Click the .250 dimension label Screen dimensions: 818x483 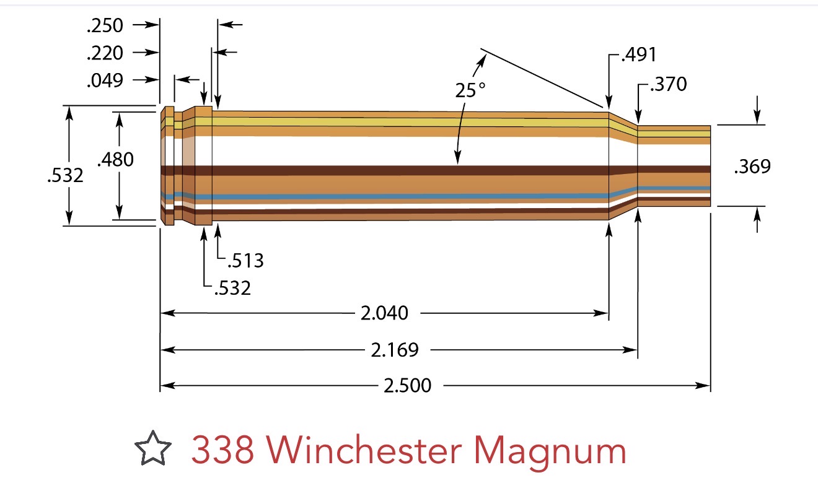tap(105, 25)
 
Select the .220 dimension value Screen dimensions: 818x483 tap(105, 53)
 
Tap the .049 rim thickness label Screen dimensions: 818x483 tap(105, 80)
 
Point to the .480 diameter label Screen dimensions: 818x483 tap(116, 160)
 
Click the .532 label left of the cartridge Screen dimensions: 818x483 tap(65, 175)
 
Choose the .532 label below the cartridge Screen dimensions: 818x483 tap(233, 288)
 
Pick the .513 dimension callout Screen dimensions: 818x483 tap(246, 261)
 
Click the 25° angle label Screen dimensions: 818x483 tap(470, 90)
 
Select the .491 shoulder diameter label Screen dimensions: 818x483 tap(639, 54)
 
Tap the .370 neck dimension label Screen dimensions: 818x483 tap(669, 84)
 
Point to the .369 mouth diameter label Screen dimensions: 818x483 tap(753, 167)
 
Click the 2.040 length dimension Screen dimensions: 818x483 tap(384, 313)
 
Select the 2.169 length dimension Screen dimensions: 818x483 tap(395, 350)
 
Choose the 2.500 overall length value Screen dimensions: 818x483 tap(408, 386)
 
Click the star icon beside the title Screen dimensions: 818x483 tap(153, 448)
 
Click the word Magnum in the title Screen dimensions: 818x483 tap(550, 453)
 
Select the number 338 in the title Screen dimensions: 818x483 tap(222, 450)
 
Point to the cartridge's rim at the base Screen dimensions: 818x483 tap(167, 165)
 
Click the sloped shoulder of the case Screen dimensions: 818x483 tap(623, 165)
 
